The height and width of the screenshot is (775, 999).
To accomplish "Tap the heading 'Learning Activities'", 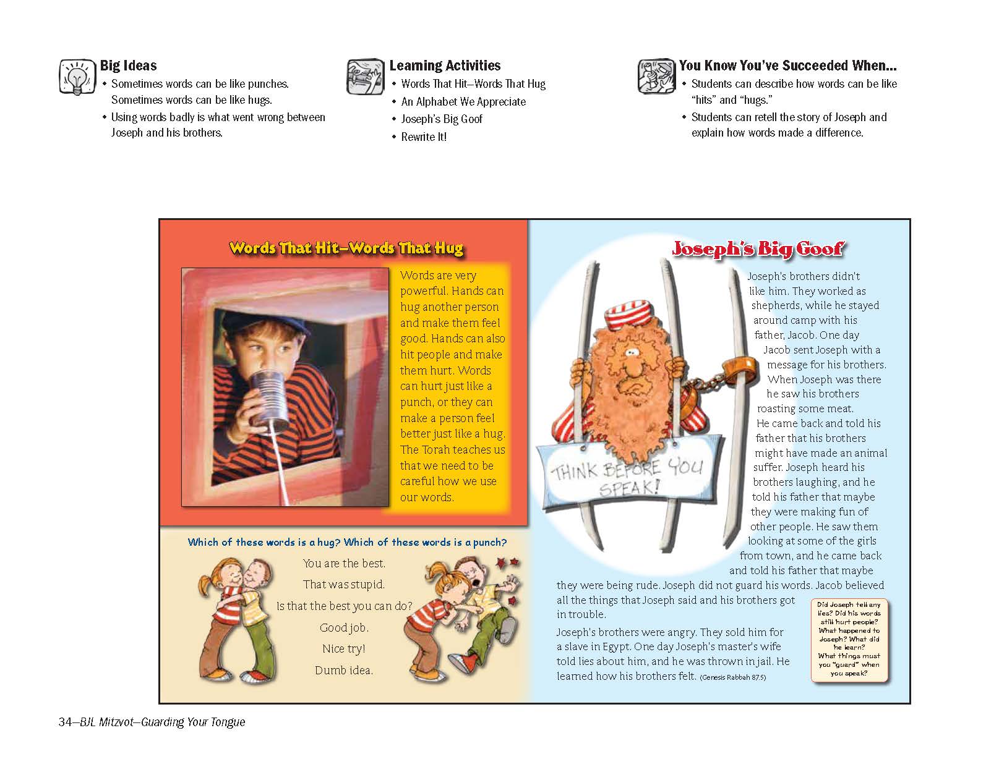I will [x=445, y=66].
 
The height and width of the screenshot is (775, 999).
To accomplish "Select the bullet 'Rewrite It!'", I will [x=424, y=137].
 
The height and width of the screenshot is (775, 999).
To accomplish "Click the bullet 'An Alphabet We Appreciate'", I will [x=463, y=101].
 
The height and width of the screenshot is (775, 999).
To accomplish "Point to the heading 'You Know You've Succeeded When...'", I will [x=787, y=66].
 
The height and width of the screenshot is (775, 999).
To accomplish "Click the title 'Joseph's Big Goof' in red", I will [x=758, y=248].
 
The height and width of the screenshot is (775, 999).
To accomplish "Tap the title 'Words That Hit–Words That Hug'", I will [x=346, y=248].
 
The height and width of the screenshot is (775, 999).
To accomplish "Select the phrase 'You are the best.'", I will [x=344, y=563].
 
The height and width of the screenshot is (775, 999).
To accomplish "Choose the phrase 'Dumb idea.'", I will [x=344, y=670].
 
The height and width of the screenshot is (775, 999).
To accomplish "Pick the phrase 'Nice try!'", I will [x=344, y=648].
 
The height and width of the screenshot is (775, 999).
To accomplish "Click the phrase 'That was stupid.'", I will [x=344, y=584].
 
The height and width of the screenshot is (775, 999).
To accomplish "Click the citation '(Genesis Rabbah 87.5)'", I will [x=732, y=677].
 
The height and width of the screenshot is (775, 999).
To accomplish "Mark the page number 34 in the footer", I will [x=66, y=722].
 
